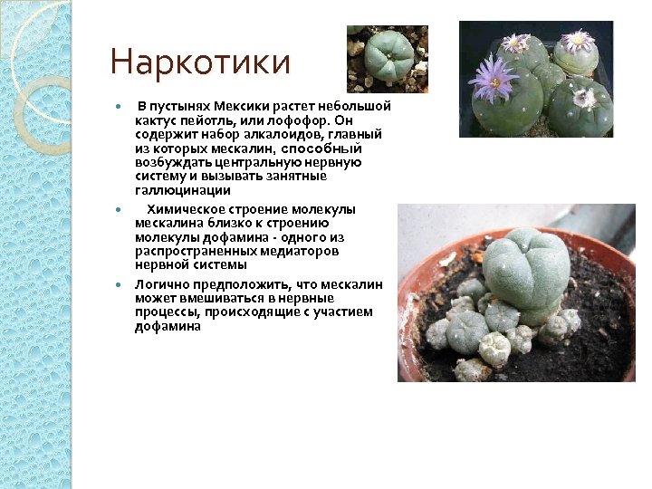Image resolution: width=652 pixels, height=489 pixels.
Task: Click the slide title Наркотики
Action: pyautogui.click(x=200, y=63)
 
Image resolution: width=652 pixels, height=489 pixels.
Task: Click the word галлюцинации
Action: pyautogui.click(x=183, y=191)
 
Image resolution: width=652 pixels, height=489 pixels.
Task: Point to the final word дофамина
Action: pyautogui.click(x=168, y=326)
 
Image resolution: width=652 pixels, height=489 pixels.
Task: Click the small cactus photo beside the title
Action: pyautogui.click(x=388, y=59)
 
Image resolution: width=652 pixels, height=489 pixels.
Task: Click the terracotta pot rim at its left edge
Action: pyautogui.click(x=405, y=308)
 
